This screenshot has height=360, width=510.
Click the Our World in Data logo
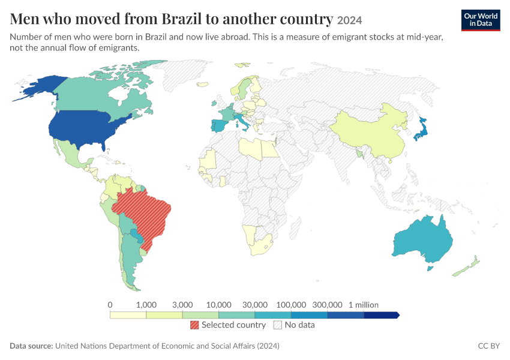[481, 20]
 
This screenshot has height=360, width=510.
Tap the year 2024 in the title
[349, 20]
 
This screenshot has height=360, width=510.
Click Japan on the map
[422, 130]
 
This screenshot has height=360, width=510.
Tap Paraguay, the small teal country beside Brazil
[137, 235]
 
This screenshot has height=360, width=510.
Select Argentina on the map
[131, 260]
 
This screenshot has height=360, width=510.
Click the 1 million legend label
[364, 305]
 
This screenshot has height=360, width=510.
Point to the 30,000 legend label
[255, 305]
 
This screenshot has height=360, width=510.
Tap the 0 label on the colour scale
[110, 305]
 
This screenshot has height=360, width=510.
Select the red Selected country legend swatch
[194, 325]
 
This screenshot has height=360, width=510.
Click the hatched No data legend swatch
[278, 325]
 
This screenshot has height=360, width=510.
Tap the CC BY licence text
[488, 346]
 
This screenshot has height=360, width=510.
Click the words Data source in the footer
[31, 346]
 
